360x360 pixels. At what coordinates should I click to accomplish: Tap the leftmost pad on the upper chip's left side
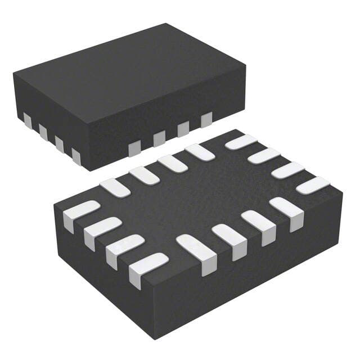(26, 119)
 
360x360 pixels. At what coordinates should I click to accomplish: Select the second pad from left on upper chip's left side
(43, 132)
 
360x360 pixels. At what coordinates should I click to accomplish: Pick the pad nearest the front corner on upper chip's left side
(76, 155)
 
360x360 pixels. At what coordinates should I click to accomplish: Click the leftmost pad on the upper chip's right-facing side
(134, 148)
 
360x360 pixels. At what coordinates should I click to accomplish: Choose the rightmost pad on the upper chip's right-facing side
(206, 119)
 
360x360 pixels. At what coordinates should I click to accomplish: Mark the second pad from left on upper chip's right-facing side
(159, 138)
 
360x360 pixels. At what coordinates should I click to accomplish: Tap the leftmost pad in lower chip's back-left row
(115, 187)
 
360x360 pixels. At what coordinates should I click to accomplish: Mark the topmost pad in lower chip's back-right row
(240, 142)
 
